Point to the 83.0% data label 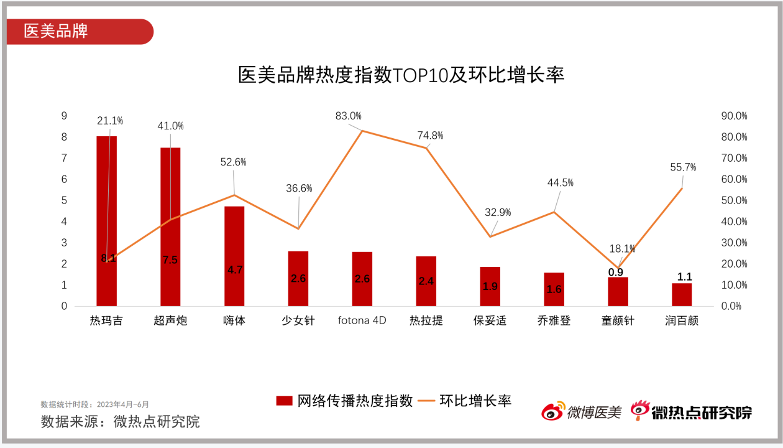348,116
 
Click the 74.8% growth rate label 431,136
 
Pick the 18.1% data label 622,249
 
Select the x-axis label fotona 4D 362,321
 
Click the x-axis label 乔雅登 554,321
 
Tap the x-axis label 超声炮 170,321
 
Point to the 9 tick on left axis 63,116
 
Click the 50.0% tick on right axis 734,200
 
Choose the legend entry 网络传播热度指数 345,401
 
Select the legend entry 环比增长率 465,401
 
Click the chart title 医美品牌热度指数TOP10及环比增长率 401,75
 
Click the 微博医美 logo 581,411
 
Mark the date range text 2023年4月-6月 122,404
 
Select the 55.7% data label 683,167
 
